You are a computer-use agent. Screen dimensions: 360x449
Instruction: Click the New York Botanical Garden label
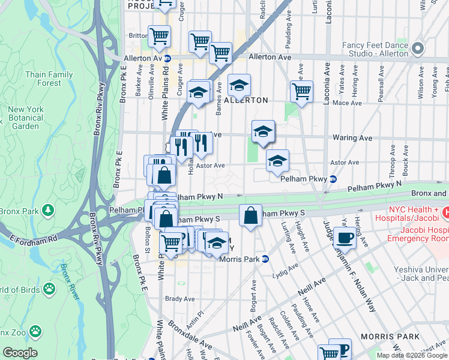click(26, 118)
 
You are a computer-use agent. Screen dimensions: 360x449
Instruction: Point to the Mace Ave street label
click(348, 103)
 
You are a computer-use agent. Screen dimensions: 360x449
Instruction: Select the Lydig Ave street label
click(285, 271)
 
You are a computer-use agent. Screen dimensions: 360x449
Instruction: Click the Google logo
click(19, 353)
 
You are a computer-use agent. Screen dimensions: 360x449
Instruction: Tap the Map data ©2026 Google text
click(411, 355)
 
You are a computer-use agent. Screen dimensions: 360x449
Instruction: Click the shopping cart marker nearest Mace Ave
click(301, 92)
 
